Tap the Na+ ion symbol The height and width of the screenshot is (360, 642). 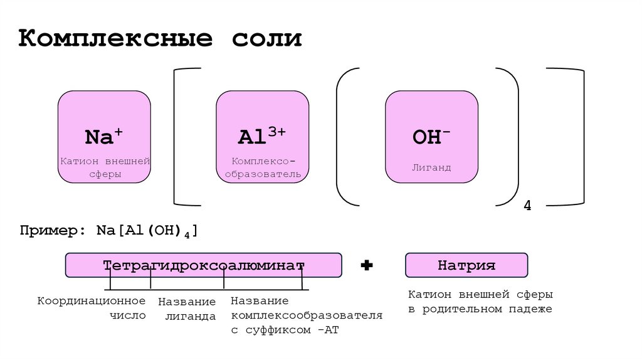(x=104, y=136)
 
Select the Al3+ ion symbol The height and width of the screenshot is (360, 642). (x=262, y=136)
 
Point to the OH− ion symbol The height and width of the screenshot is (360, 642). (x=431, y=137)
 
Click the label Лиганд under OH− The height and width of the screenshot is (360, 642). (x=431, y=168)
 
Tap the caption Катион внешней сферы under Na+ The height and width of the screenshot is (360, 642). (x=105, y=168)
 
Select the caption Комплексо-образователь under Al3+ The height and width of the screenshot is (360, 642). (x=263, y=167)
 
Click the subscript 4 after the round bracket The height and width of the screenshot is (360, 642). (x=527, y=206)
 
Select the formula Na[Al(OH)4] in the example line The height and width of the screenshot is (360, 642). (x=147, y=231)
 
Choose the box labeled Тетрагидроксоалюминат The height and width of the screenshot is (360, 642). (x=204, y=265)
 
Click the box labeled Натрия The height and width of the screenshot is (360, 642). (x=466, y=265)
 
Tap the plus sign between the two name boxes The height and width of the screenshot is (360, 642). (x=367, y=266)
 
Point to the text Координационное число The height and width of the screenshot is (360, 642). (x=92, y=308)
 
